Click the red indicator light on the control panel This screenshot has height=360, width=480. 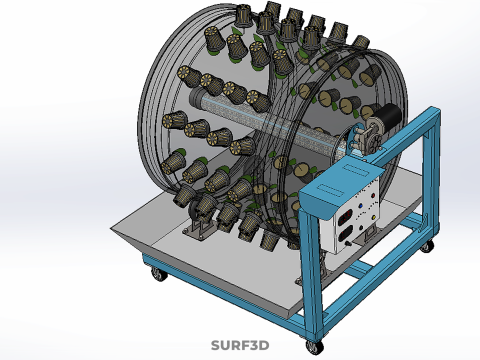pyautogui.click(x=373, y=196)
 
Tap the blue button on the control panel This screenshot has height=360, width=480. pyautogui.click(x=360, y=206)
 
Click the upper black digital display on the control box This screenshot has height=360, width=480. pyautogui.click(x=344, y=218)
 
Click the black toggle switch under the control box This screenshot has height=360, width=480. pyautogui.click(x=349, y=244)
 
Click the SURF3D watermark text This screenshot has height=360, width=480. pyautogui.click(x=240, y=345)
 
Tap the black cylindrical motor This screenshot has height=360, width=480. pyautogui.click(x=390, y=114)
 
